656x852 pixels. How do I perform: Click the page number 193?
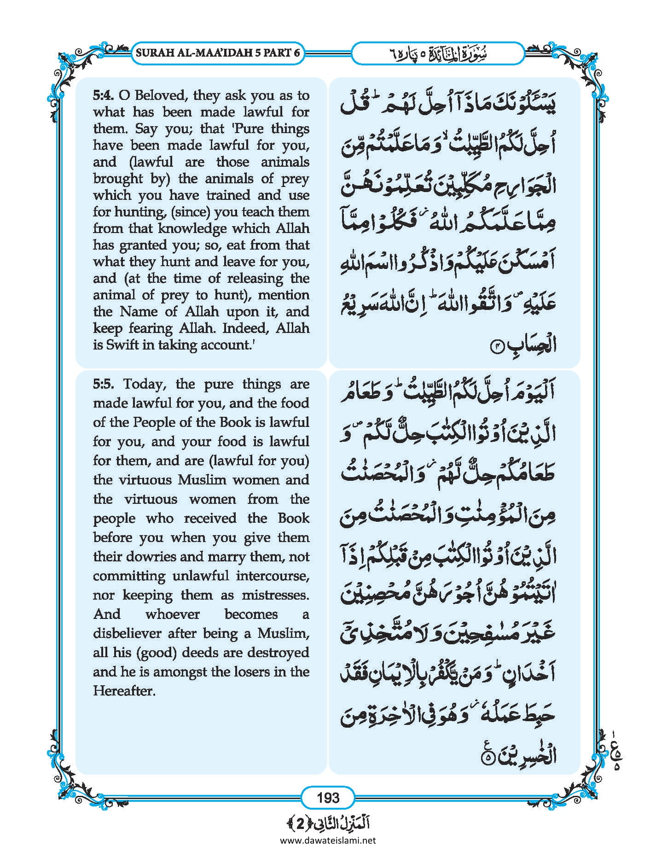coord(328,797)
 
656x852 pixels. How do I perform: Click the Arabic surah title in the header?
coord(437,53)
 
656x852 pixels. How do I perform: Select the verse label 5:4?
coord(103,96)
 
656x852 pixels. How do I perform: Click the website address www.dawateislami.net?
coord(328,840)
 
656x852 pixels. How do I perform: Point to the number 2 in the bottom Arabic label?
coord(300,824)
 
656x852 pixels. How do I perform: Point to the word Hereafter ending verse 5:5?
coord(124,691)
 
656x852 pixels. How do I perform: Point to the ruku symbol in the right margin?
coord(616,754)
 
